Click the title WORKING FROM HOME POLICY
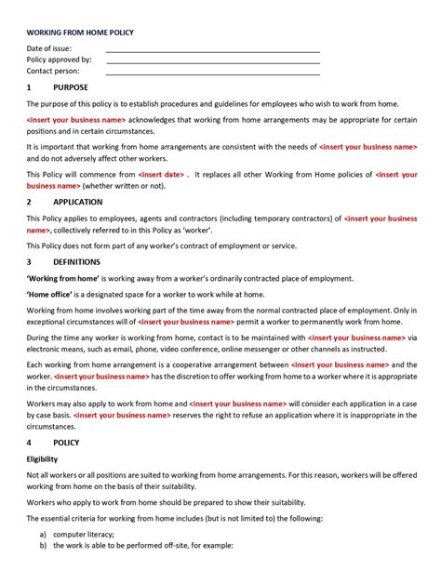point(80,33)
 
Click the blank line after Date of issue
point(213,52)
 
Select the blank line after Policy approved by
point(213,63)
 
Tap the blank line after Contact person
point(213,74)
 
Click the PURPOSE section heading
point(71,88)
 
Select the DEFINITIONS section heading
point(76,262)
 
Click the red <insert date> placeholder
point(162,174)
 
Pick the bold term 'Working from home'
point(62,278)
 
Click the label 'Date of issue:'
point(49,48)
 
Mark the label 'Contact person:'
point(53,71)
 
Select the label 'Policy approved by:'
point(59,60)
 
